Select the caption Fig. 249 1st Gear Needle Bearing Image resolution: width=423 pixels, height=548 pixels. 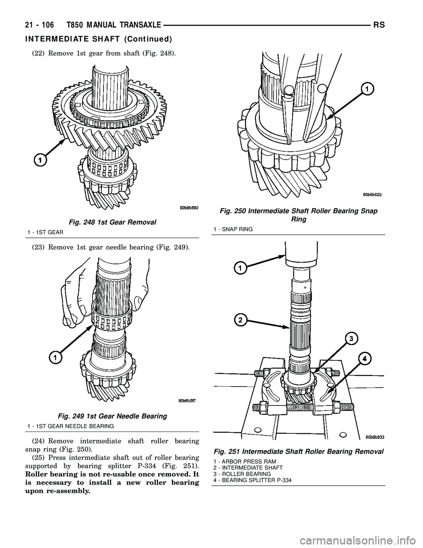pyautogui.click(x=111, y=416)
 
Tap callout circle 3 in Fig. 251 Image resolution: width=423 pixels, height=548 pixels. pyautogui.click(x=351, y=339)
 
